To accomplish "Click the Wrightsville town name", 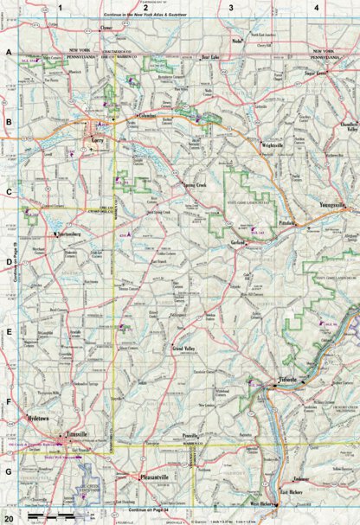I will tap(275, 145).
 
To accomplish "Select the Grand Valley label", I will tap(183, 348).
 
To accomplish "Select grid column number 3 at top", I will tap(230, 8).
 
